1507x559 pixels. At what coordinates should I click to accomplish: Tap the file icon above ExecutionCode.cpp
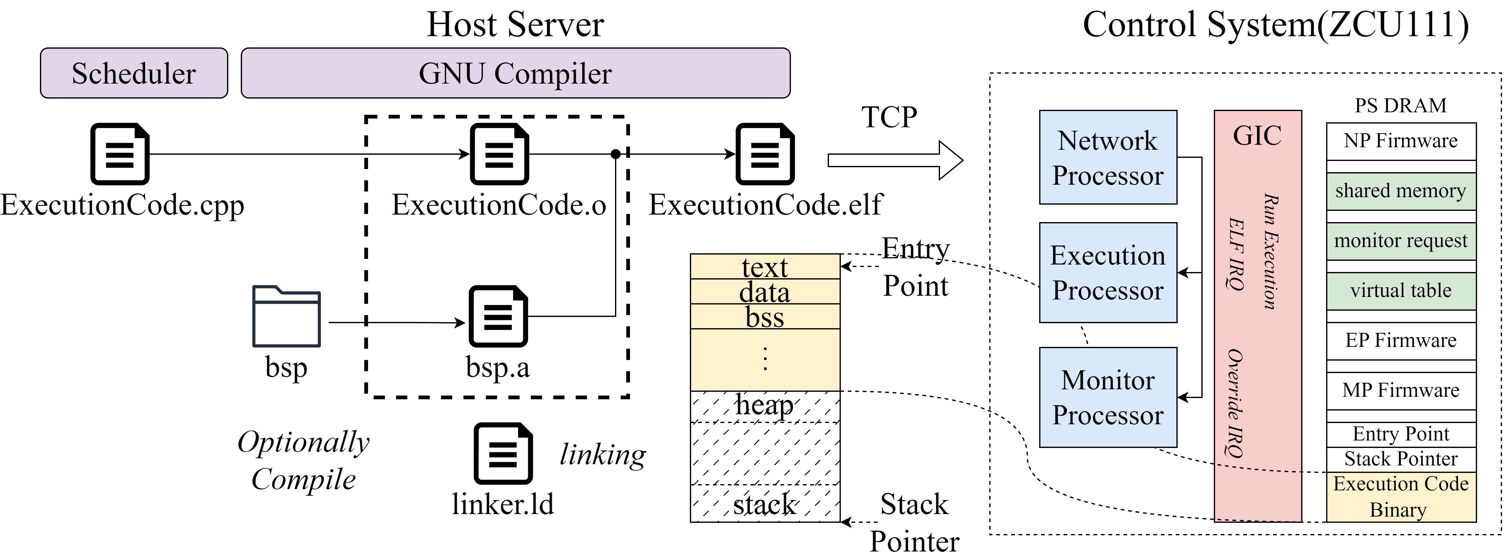120,154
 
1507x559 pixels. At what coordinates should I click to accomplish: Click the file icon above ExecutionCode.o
499,154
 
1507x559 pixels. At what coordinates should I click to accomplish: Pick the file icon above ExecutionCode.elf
765,154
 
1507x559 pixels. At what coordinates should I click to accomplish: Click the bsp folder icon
286,316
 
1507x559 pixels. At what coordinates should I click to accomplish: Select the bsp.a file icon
498,316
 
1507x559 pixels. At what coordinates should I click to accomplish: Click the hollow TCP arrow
895,160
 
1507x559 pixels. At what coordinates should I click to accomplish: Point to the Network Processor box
1107,158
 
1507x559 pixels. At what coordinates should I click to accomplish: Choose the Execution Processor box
1107,272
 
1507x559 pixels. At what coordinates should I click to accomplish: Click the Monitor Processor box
1107,397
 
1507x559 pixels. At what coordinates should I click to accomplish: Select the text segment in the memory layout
765,266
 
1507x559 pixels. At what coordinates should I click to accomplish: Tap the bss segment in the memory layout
765,317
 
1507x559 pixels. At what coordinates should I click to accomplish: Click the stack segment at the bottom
765,503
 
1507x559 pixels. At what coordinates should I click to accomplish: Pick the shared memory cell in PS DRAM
1401,191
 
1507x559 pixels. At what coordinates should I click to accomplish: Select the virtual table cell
1401,290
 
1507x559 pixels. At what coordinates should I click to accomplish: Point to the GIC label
1257,136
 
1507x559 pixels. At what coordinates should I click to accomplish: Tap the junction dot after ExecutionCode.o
615,154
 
